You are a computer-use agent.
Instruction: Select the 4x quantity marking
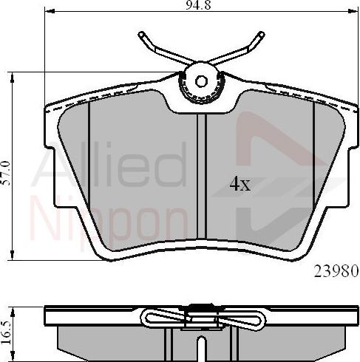tap(240, 185)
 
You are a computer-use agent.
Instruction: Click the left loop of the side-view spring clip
tap(159, 318)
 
